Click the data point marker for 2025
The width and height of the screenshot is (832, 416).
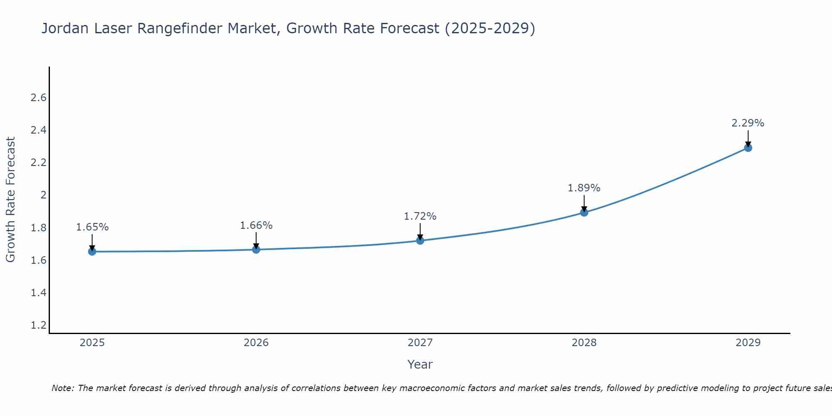point(92,251)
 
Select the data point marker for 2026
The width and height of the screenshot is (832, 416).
point(256,249)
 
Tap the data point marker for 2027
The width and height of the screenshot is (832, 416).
point(420,240)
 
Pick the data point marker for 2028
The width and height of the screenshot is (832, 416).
point(584,213)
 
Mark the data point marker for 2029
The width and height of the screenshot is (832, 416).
point(748,148)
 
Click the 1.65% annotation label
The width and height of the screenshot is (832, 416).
point(92,227)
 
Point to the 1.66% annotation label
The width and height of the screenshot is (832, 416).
point(256,225)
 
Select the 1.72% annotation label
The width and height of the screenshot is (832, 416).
point(420,216)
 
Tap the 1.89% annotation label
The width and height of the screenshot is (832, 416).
point(584,188)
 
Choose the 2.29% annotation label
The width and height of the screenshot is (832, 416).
point(748,123)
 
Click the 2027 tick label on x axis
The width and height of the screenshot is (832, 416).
point(420,343)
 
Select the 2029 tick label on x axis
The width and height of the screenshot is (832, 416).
point(748,343)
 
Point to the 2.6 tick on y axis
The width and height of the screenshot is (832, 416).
point(39,98)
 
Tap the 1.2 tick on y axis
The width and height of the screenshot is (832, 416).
point(39,325)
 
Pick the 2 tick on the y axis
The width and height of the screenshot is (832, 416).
point(43,195)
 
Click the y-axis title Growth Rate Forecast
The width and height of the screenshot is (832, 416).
point(11,200)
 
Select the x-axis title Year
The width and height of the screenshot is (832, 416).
point(420,364)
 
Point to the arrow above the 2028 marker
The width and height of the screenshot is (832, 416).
point(584,203)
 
